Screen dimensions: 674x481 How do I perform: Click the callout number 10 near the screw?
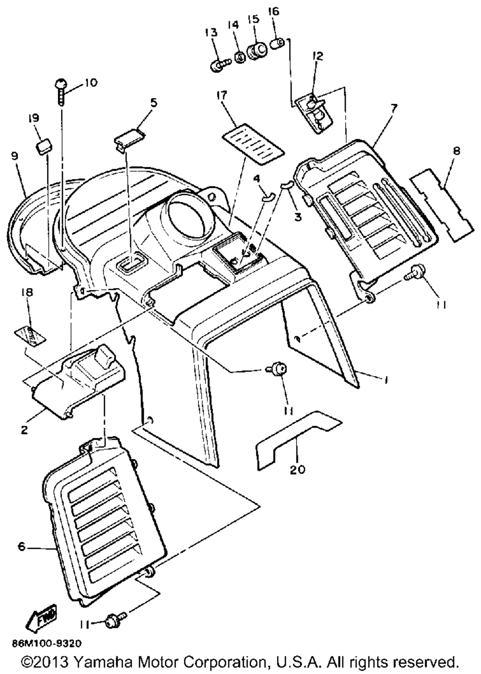(x=90, y=82)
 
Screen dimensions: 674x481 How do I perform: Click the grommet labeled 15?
(x=257, y=51)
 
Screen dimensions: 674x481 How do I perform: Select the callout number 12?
(x=317, y=56)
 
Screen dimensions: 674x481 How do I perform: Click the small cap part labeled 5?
(x=127, y=135)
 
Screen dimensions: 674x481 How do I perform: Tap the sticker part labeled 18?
(x=30, y=334)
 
